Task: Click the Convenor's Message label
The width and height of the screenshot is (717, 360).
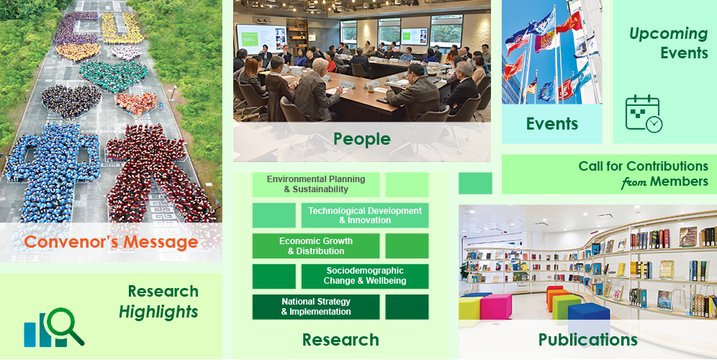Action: pos(111,241)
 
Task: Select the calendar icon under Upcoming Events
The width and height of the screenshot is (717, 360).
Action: pos(644,114)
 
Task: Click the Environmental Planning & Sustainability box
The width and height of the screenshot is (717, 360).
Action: pos(316,184)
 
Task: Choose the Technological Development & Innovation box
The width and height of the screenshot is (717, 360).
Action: pos(365,215)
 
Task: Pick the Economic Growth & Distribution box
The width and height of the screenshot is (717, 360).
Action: pos(316,246)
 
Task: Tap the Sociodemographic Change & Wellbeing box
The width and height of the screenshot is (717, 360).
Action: pos(365,276)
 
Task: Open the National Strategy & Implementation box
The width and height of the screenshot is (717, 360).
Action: pos(316,307)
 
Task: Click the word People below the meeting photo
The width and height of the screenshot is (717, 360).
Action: pos(361,139)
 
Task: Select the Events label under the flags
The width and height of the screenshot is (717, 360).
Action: pos(552,124)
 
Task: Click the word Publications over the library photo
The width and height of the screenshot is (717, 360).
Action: pos(588,339)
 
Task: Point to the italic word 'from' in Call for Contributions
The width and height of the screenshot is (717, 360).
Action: pos(633,182)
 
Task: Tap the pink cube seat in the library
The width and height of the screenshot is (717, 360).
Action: pos(496,306)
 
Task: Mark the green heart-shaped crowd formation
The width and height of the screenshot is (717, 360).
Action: pos(114,76)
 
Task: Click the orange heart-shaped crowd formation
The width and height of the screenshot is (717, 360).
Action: pos(136,104)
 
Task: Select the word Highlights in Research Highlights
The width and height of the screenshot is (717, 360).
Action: pos(158,312)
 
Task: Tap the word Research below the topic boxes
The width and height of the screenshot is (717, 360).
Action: pos(341,340)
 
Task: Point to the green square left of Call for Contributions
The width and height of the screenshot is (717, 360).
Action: pos(476,184)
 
